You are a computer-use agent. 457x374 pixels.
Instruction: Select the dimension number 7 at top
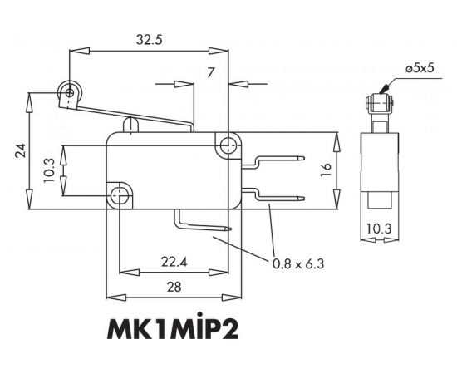[211, 74]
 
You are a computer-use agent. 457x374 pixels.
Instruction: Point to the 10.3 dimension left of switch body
[49, 170]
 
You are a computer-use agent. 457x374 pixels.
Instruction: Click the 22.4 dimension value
[174, 263]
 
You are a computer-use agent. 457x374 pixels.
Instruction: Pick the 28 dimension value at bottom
[174, 287]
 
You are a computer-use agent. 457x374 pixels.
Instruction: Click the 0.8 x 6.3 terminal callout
[297, 264]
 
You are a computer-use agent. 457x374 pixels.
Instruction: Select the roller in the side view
[378, 104]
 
